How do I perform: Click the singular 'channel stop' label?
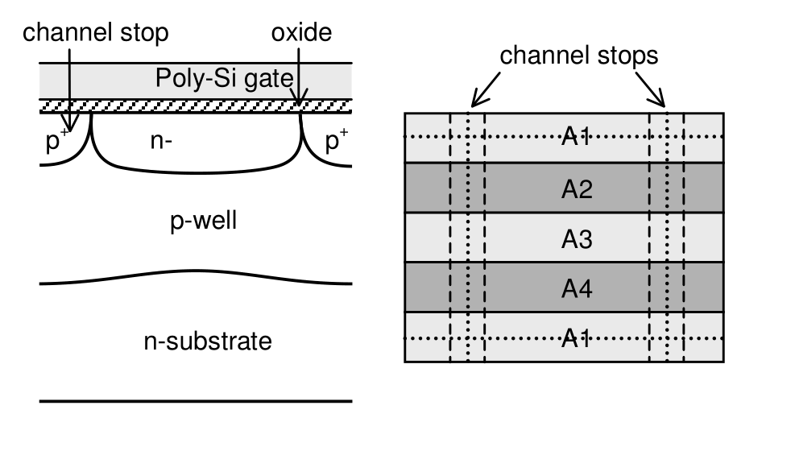[x=97, y=33]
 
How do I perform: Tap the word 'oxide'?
[x=301, y=33]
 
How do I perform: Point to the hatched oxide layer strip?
[x=193, y=105]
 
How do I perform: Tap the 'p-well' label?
[x=204, y=221]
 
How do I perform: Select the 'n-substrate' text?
[x=207, y=341]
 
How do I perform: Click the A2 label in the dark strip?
[x=577, y=189]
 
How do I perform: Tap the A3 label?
[x=577, y=240]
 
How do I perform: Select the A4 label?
[x=577, y=289]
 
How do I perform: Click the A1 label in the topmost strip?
[x=577, y=138]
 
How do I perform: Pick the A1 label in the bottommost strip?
[x=577, y=338]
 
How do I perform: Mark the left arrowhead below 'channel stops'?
[x=475, y=102]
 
